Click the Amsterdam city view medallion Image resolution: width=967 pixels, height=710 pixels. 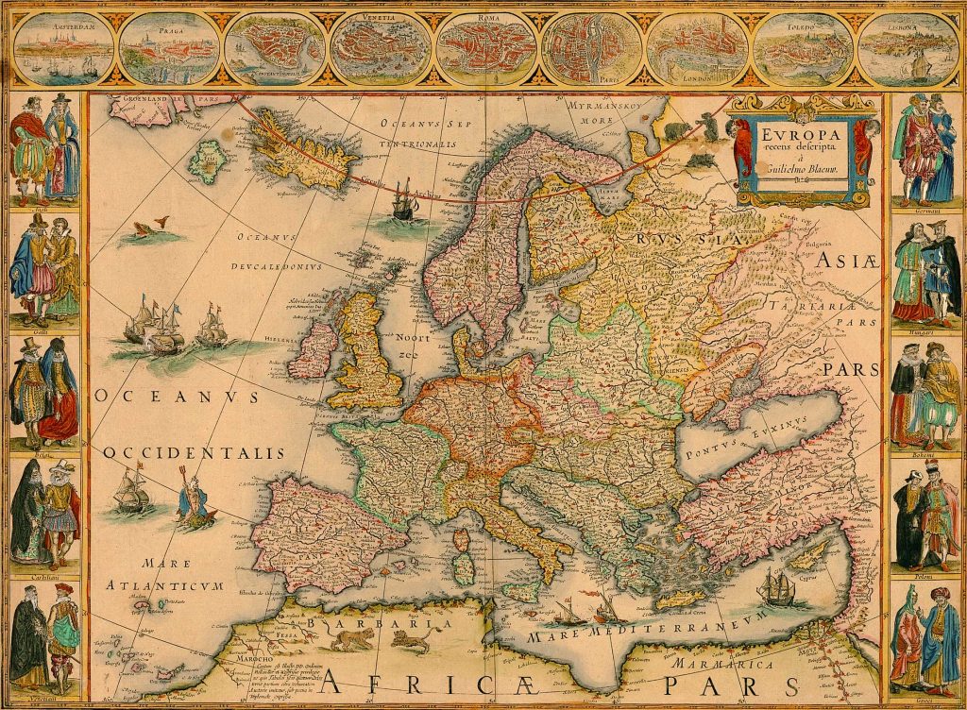(62, 46)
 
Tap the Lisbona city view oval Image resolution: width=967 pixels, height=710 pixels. (909, 46)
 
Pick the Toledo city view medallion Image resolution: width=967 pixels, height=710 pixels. (805, 46)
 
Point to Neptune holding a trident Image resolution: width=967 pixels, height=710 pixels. (196, 501)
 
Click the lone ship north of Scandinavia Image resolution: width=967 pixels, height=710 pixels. (404, 200)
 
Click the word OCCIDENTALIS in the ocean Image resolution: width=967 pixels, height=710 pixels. (193, 454)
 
